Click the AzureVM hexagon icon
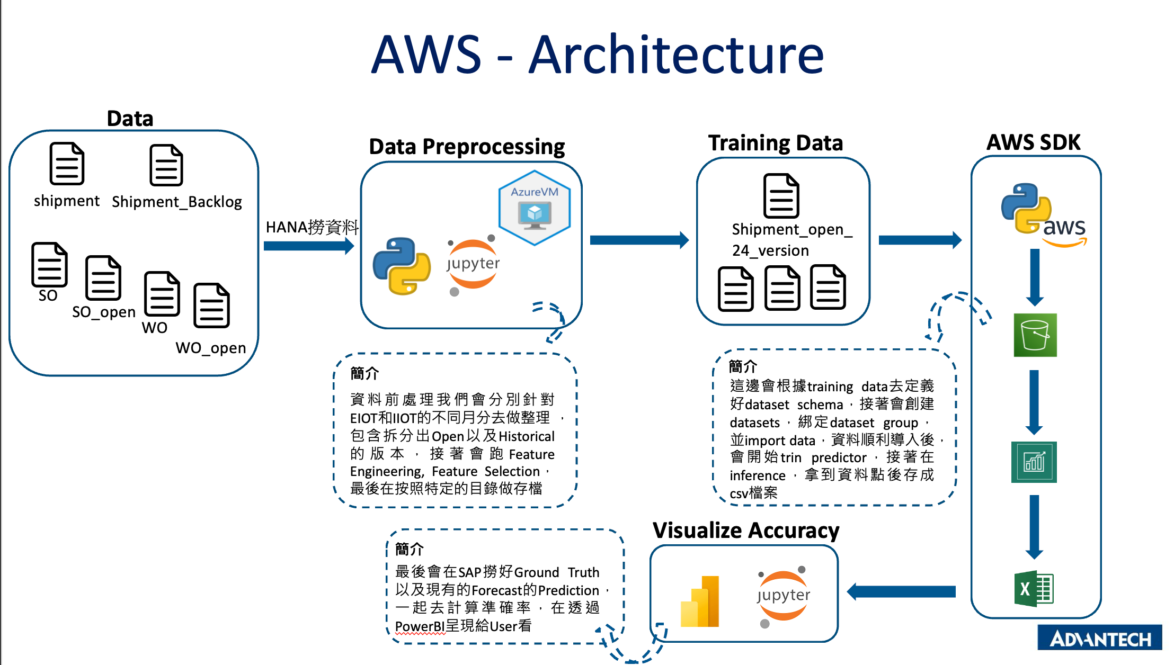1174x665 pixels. [535, 208]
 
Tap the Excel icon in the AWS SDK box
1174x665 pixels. [1034, 588]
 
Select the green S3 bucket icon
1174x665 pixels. [1035, 335]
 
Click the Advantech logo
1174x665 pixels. [1099, 638]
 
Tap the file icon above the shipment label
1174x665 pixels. [67, 164]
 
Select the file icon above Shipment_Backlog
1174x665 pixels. [166, 165]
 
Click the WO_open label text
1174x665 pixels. [211, 348]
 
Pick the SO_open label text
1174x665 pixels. [104, 312]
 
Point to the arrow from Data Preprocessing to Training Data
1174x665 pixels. [639, 240]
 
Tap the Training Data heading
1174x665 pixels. [775, 143]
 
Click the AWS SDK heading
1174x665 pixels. [1033, 142]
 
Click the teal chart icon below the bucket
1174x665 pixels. [1034, 462]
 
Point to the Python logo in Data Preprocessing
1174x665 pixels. [402, 266]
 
